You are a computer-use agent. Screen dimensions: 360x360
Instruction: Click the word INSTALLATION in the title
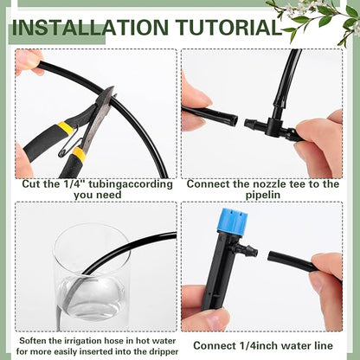(x=90, y=27)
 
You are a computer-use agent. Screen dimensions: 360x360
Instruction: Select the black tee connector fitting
(x=270, y=125)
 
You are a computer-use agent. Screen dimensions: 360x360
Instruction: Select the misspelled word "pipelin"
(x=263, y=195)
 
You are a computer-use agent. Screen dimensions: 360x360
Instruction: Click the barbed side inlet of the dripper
(x=248, y=249)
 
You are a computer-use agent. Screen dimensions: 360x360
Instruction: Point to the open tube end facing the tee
(x=232, y=119)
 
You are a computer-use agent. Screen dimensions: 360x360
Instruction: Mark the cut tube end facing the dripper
(x=272, y=256)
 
